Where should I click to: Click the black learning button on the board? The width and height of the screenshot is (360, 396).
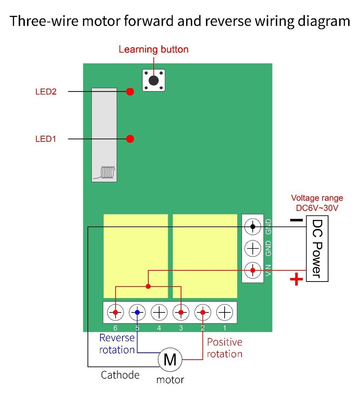click(x=154, y=80)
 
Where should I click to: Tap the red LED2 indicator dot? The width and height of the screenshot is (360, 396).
click(x=130, y=92)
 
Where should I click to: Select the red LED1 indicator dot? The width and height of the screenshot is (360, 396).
click(x=130, y=139)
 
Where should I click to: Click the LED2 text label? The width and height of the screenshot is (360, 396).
click(x=46, y=92)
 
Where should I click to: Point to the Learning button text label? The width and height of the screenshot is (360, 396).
click(x=154, y=50)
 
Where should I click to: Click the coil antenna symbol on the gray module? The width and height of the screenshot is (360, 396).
click(x=107, y=172)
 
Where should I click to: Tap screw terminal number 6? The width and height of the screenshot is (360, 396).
click(x=115, y=312)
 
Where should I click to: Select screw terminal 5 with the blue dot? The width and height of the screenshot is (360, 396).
click(x=137, y=312)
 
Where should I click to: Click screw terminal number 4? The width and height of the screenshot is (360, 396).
click(x=159, y=312)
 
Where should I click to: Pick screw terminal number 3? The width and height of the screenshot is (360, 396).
click(x=181, y=312)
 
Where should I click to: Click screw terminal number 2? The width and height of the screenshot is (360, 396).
click(x=203, y=312)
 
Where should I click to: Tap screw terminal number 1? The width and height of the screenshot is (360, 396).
click(x=225, y=312)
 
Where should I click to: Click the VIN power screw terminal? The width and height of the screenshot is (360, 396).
click(x=253, y=271)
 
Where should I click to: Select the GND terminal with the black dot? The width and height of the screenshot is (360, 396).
click(x=253, y=227)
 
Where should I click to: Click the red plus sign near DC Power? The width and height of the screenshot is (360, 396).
click(x=296, y=280)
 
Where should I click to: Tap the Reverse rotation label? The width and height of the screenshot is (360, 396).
click(x=117, y=344)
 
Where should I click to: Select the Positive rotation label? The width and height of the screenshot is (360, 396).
click(x=225, y=348)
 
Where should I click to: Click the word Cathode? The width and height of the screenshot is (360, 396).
click(x=120, y=375)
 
